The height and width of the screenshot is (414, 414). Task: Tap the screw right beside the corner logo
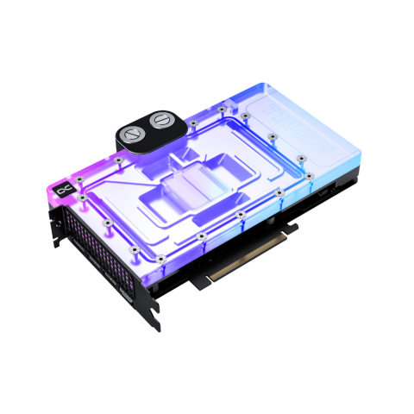pyautogui.click(x=81, y=179)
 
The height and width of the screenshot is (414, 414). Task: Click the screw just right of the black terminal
pyautogui.click(x=193, y=122)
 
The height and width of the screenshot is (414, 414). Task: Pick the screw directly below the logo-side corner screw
pyautogui.click(x=81, y=199)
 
